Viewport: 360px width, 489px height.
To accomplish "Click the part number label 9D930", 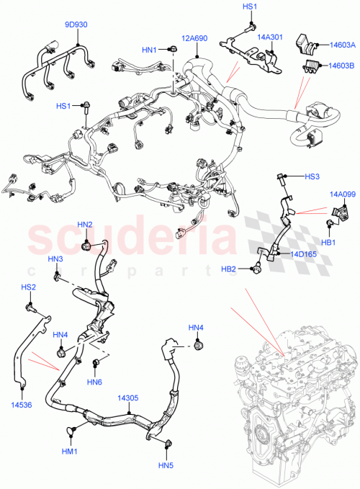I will click(76, 24).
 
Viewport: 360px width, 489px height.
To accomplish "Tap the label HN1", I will click(149, 50).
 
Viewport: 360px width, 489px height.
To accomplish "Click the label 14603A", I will click(342, 45).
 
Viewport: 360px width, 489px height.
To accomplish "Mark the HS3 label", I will click(312, 176).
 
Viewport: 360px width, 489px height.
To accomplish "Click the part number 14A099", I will click(343, 194).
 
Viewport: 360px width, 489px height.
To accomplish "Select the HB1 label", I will click(329, 242).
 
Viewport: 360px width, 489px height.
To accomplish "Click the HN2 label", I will click(85, 225).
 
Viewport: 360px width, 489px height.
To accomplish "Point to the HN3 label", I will click(55, 259).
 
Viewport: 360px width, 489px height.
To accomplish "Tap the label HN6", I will click(95, 381).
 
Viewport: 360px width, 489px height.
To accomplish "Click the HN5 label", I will click(167, 465).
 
